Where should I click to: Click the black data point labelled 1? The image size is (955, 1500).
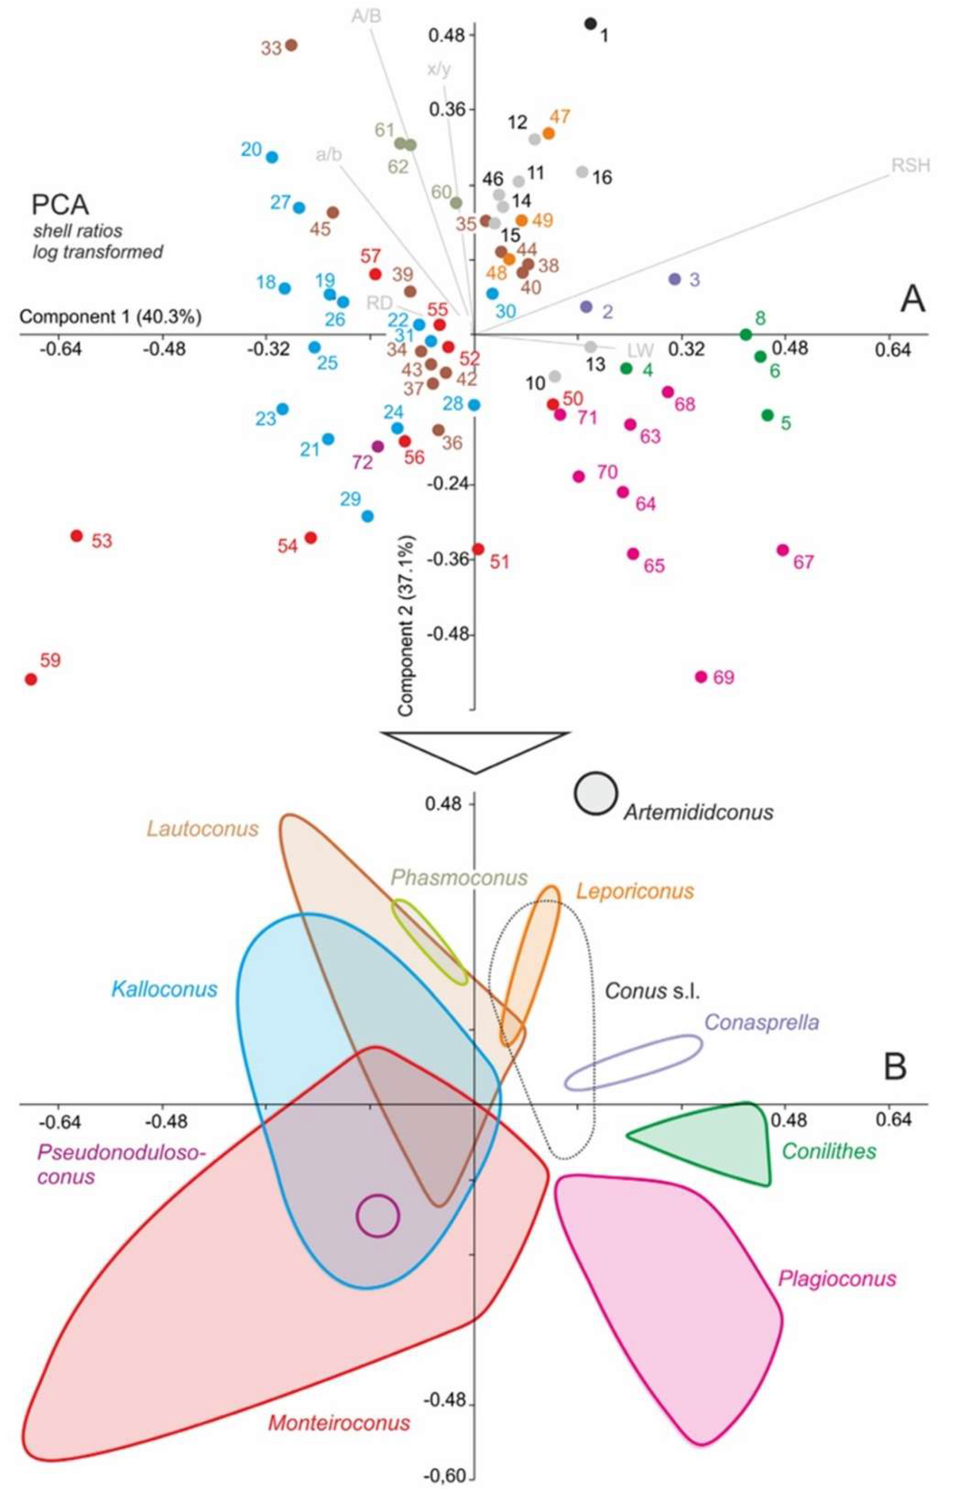point(590,24)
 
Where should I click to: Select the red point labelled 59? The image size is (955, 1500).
point(30,679)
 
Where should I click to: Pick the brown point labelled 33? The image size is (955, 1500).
point(291,45)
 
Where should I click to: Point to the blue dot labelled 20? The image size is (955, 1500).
point(272,157)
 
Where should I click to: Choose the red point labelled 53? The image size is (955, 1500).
point(77,536)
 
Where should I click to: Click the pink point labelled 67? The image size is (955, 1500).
point(783,550)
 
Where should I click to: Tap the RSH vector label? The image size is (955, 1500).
point(910,166)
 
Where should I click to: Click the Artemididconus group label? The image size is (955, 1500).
point(698,812)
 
